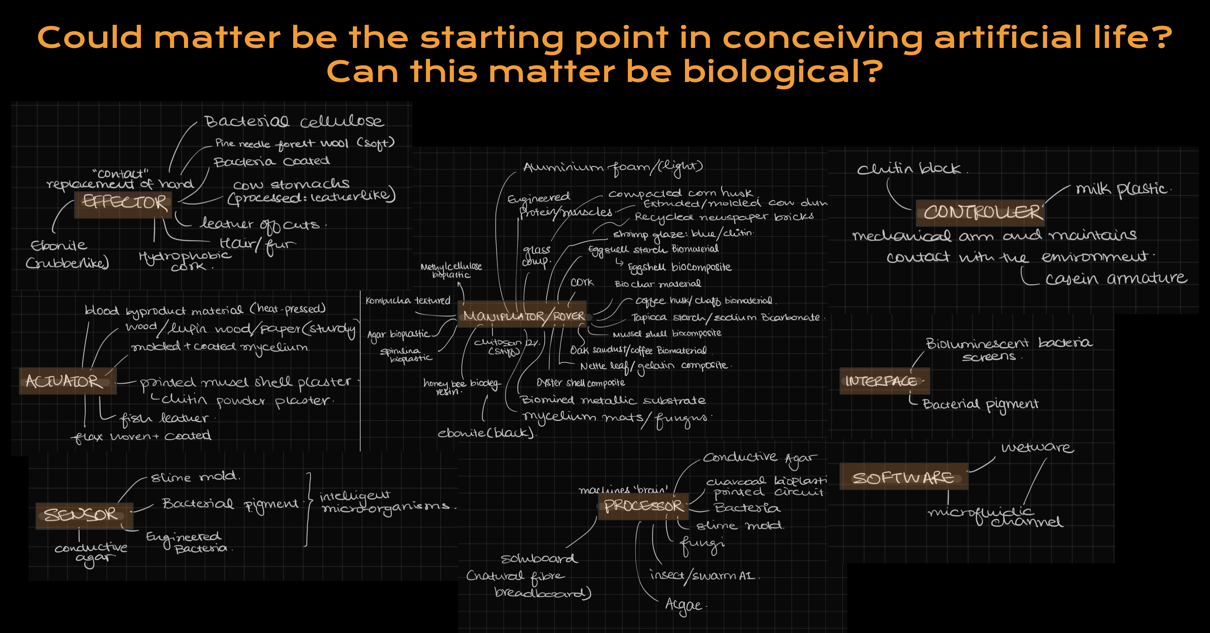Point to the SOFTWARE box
[903, 477]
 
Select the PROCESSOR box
[642, 506]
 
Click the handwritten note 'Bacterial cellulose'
[294, 121]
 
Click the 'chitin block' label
[909, 169]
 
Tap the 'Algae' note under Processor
[684, 605]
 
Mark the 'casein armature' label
[1115, 278]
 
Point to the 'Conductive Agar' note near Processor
[759, 458]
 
